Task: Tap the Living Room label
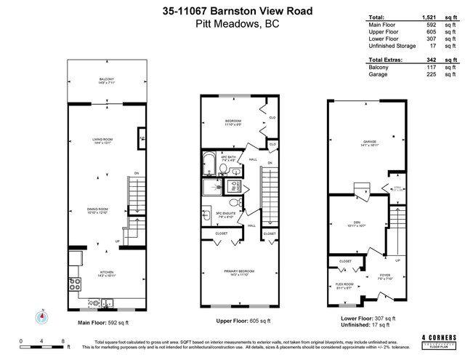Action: click(102, 143)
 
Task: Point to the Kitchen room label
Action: click(97, 275)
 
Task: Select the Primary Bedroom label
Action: click(235, 273)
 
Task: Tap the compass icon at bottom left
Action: click(42, 315)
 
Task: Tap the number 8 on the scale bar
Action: click(63, 340)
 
